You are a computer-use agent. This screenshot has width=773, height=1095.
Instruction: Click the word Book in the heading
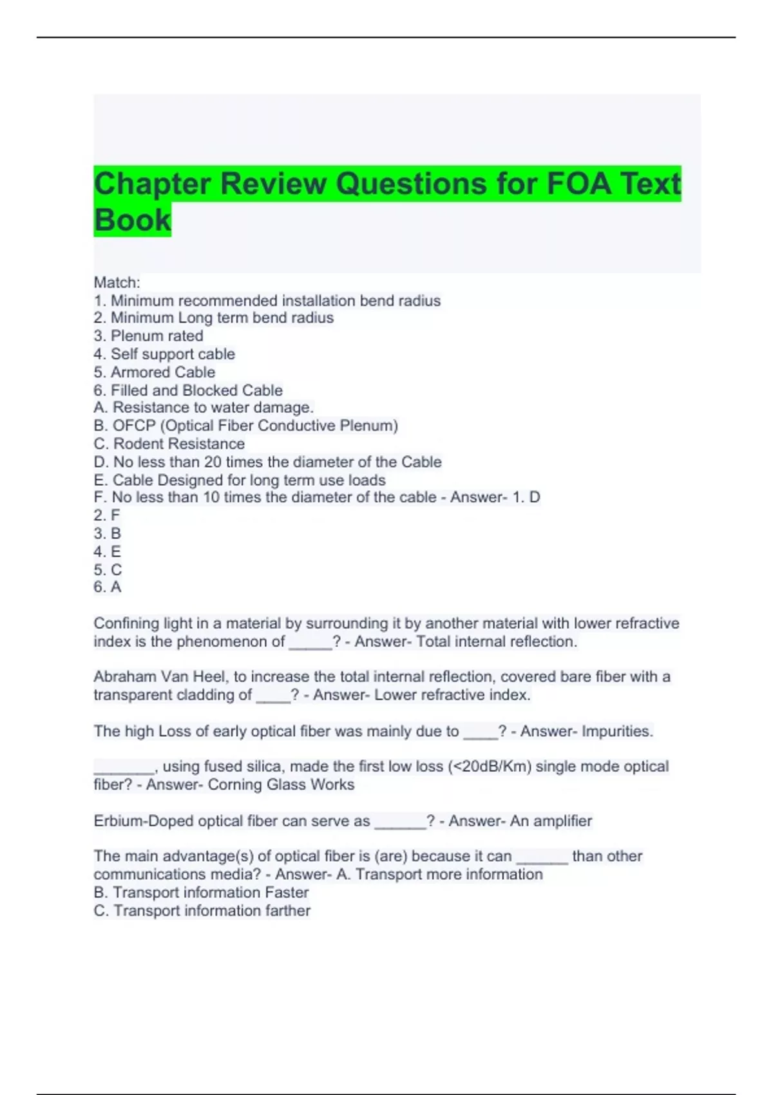[133, 220]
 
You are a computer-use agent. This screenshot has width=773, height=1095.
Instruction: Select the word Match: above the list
[117, 282]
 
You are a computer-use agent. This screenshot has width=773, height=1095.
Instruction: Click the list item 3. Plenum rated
[148, 336]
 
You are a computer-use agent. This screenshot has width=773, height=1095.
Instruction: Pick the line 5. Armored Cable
[155, 372]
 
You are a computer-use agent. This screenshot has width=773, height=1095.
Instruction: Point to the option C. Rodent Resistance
[169, 444]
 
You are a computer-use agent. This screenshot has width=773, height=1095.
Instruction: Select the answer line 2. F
[107, 515]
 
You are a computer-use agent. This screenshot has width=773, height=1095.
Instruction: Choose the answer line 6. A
[108, 587]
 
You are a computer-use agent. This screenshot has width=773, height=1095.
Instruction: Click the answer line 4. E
[107, 551]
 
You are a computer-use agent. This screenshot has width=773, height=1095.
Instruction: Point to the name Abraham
[124, 676]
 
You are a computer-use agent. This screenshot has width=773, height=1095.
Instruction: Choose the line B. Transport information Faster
[201, 892]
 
